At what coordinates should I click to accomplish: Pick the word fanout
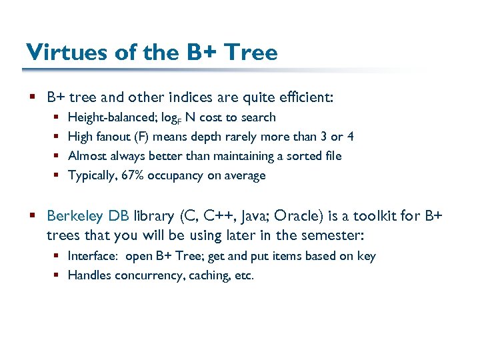point(111,137)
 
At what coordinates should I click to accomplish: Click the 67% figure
point(132,175)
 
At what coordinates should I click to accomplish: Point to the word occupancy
point(173,176)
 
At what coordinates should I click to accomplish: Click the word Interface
point(92,256)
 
